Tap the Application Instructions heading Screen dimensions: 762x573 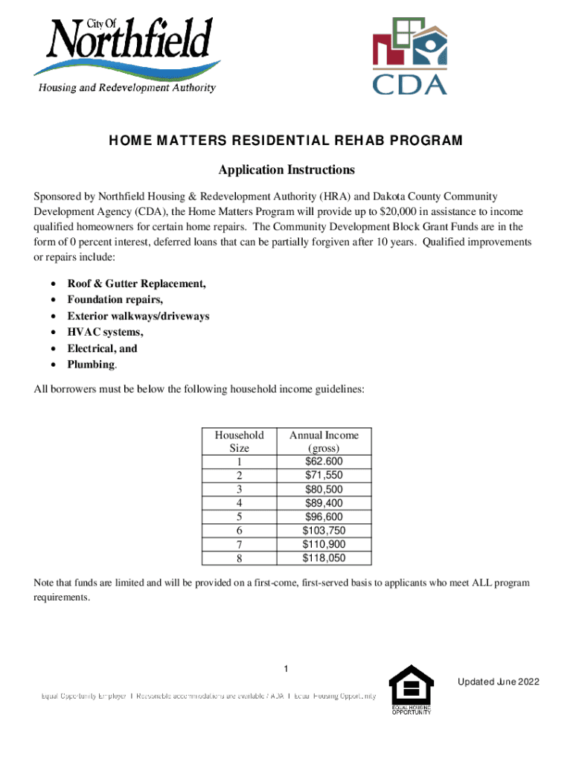coord(286,170)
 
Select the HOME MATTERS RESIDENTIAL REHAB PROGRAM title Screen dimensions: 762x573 coord(286,141)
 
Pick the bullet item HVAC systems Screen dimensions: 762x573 coord(105,332)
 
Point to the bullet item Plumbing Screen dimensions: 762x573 coord(92,365)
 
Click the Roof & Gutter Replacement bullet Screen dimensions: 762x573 coord(136,284)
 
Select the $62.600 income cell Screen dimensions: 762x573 coord(324,462)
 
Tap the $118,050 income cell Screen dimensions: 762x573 coord(324,558)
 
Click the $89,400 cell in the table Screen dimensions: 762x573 coord(324,503)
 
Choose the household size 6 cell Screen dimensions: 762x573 coord(239,531)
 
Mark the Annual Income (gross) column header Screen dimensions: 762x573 coord(324,442)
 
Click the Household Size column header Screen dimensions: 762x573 coord(239,442)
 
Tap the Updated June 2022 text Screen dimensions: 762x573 coord(499,682)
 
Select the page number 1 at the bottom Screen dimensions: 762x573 coord(286,665)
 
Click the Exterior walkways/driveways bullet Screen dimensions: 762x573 coord(138,316)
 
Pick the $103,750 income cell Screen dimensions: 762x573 coord(324,531)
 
